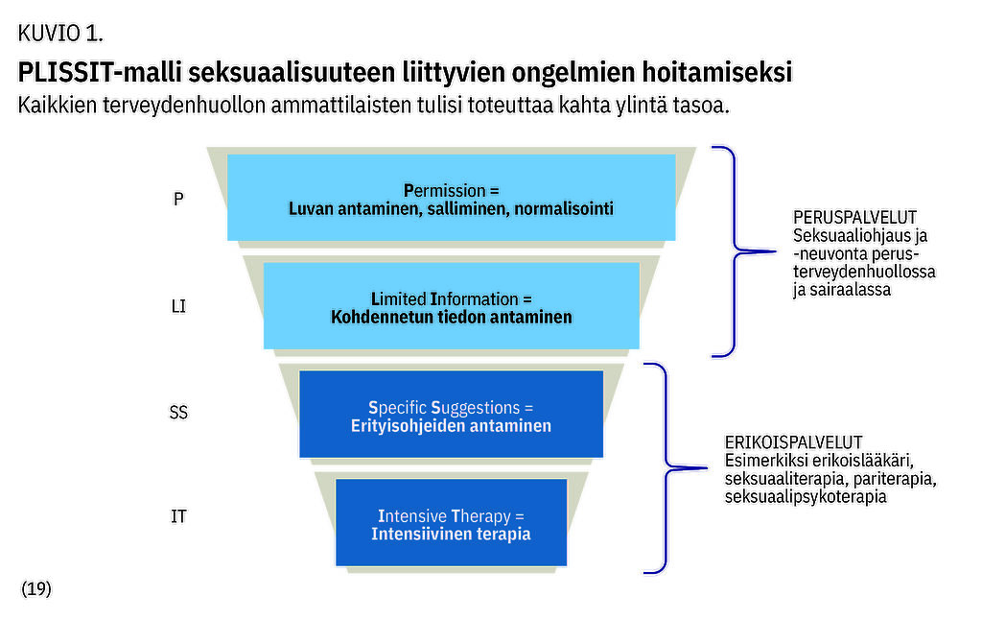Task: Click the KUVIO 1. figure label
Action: coord(60,34)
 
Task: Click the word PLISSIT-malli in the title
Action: coord(99,71)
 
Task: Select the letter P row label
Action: coord(178,199)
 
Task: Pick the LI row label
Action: coord(178,306)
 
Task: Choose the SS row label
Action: coord(178,413)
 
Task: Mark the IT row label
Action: coord(178,516)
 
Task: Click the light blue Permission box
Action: coord(451,198)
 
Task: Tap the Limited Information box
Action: coord(451,305)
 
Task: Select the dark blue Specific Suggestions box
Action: coord(451,414)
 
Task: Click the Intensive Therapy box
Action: coord(451,522)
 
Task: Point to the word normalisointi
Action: coord(564,209)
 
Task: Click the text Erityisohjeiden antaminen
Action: coord(451,426)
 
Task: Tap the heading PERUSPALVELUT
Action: coord(854,218)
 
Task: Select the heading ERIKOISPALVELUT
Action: coord(793,442)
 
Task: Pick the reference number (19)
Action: coord(36,588)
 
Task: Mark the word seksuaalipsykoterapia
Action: coord(806,497)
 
